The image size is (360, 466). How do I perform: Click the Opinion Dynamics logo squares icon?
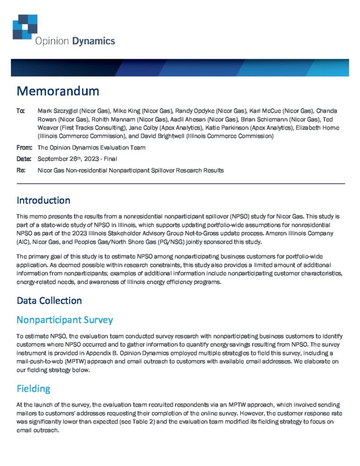[25, 26]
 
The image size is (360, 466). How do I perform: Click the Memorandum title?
[58, 91]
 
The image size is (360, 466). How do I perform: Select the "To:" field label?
[21, 111]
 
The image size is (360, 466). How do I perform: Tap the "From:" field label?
[24, 147]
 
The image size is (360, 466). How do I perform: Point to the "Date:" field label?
[24, 159]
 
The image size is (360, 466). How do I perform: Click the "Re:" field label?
[20, 170]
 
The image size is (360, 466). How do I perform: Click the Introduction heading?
[43, 200]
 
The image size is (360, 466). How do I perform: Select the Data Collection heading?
[49, 301]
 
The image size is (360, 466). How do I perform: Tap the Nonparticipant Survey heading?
[65, 320]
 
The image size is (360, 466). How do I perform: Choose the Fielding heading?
[33, 389]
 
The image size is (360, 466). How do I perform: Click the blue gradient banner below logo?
[180, 67]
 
